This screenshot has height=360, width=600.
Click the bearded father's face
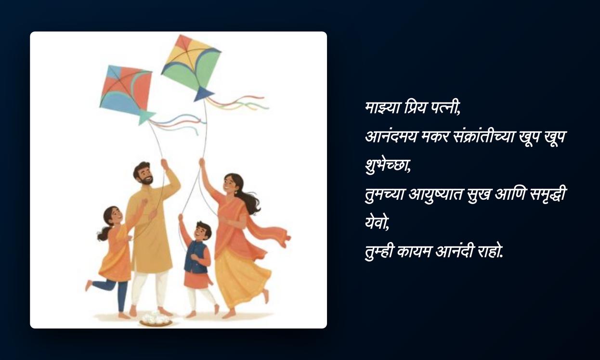(x=144, y=174)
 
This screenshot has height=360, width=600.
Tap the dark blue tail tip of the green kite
(x=203, y=94)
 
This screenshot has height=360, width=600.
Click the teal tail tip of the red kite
(x=145, y=117)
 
